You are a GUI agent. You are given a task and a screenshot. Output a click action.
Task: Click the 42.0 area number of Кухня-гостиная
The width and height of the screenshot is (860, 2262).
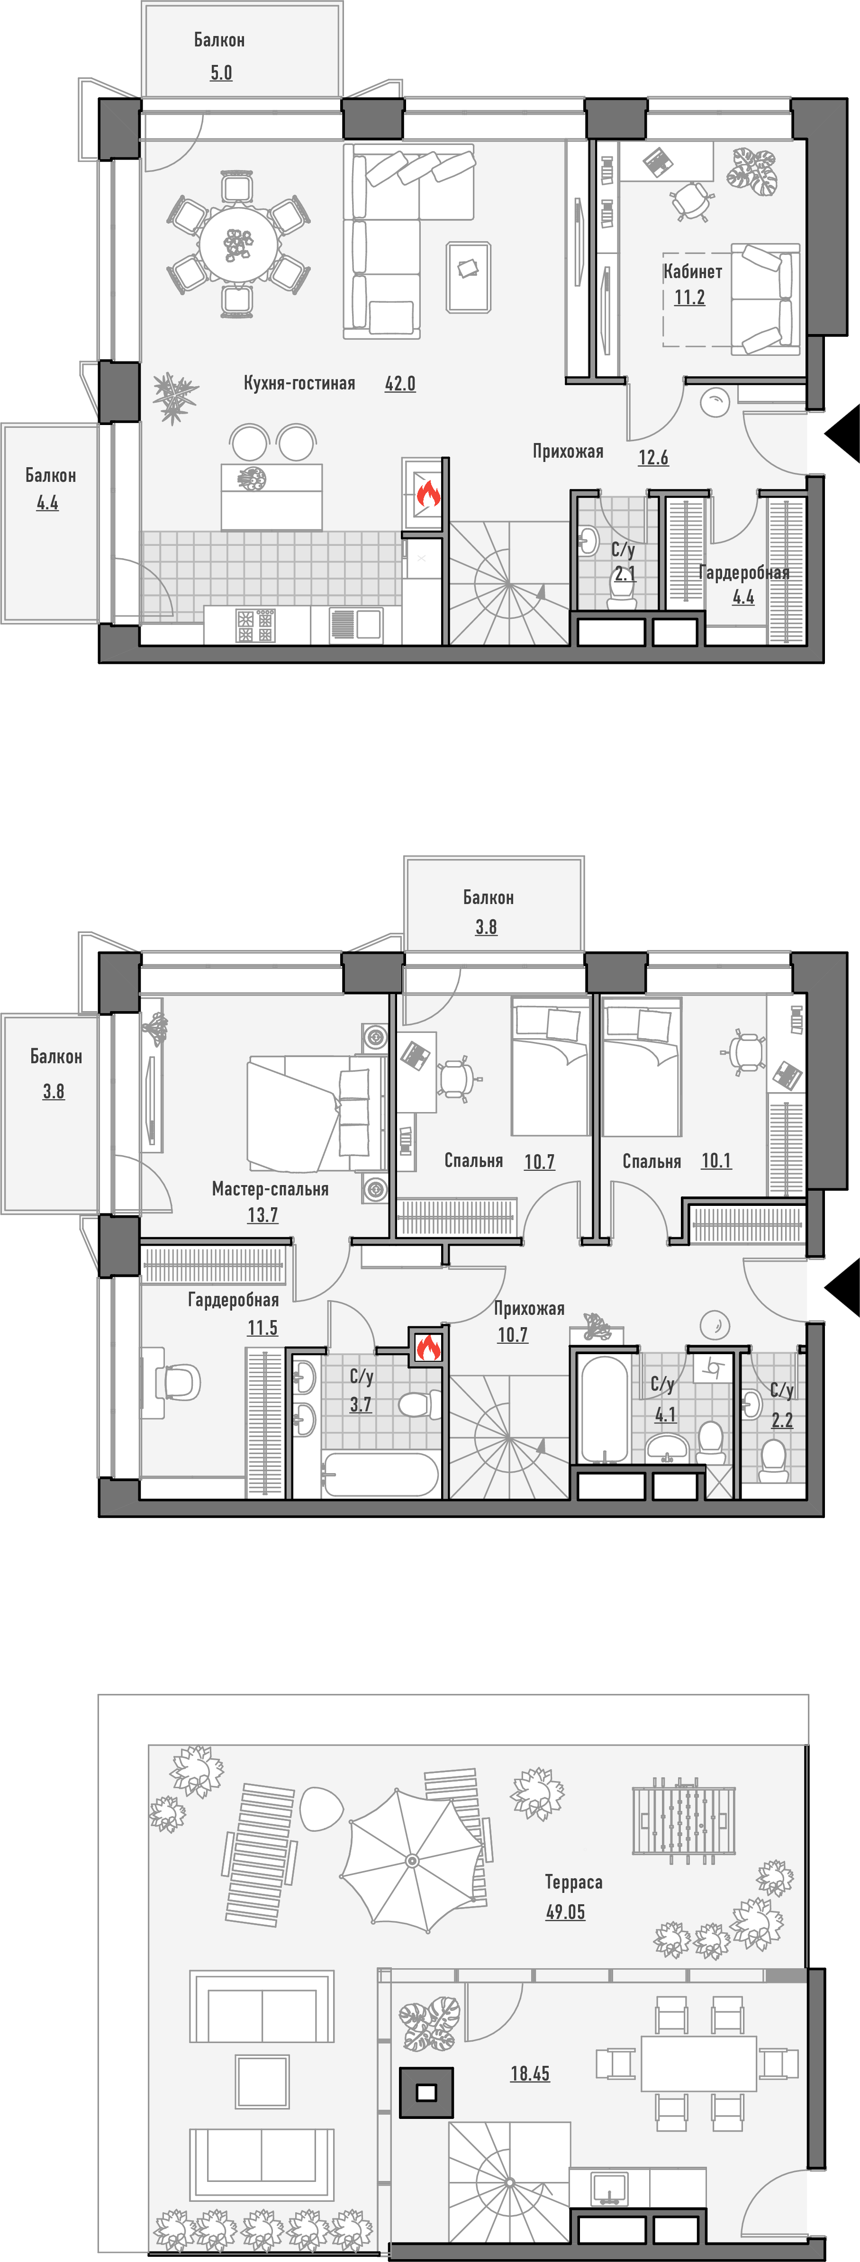click(x=400, y=384)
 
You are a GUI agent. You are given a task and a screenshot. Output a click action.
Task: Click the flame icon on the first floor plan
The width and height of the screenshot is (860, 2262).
click(x=428, y=494)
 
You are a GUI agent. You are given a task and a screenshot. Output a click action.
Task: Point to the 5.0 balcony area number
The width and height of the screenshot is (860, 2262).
click(x=221, y=73)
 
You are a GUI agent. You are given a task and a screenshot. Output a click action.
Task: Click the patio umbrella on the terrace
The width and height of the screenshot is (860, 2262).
click(x=411, y=1860)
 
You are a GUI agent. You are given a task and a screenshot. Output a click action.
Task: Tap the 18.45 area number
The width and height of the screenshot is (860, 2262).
click(x=530, y=2073)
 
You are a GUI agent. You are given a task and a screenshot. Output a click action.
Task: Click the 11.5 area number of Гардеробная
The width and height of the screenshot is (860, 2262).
click(x=262, y=1328)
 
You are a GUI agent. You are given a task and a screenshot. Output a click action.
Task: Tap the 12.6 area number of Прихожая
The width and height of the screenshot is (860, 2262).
click(x=652, y=458)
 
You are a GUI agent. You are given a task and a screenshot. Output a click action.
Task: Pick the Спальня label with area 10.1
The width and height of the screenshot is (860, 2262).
click(x=652, y=1162)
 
